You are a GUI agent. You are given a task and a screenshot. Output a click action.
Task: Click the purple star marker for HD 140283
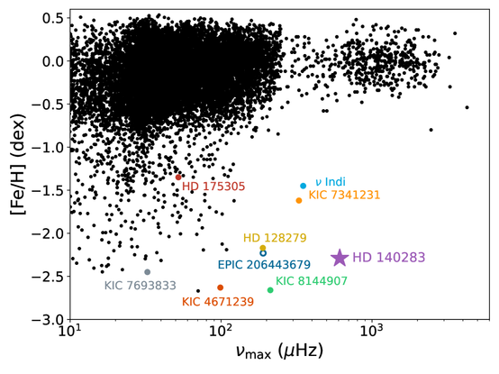click(340, 258)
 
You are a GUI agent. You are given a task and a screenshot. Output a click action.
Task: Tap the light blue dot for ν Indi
click(304, 186)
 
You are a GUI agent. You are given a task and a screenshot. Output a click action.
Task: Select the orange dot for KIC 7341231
click(299, 200)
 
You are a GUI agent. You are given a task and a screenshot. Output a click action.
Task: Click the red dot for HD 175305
click(179, 177)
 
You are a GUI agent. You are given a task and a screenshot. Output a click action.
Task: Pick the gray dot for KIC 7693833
click(148, 272)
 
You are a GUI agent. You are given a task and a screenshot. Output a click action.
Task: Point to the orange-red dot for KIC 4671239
click(221, 287)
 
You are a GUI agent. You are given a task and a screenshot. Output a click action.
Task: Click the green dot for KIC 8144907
click(270, 290)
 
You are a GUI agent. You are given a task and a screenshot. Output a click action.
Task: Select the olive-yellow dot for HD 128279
click(263, 248)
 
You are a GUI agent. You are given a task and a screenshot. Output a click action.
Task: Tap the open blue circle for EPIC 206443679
click(263, 253)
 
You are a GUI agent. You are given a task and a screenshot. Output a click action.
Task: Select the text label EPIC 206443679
click(264, 265)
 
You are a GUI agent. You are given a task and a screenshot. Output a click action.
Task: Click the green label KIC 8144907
click(311, 281)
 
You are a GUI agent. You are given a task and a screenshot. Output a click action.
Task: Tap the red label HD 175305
click(213, 187)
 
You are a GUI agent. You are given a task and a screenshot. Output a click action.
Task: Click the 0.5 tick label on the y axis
click(50, 18)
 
